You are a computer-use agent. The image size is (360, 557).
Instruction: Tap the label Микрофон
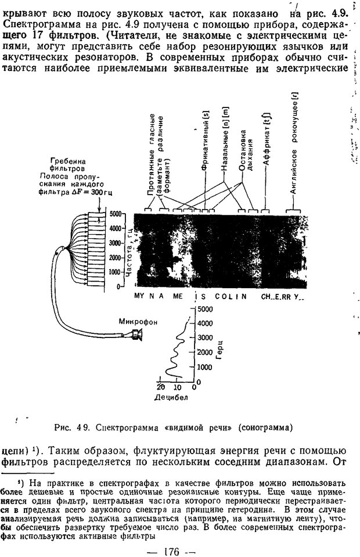tap(138, 322)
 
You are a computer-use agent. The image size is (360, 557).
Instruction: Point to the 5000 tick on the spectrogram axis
tap(116, 214)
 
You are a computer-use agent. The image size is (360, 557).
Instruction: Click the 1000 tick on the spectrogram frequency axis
tap(116, 272)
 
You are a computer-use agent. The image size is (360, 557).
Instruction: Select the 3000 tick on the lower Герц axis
tap(205, 337)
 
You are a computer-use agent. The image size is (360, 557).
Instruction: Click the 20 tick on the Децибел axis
tap(160, 387)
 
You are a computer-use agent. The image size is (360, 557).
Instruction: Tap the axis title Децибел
tap(171, 397)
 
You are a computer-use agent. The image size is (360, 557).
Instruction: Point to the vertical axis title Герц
tap(219, 350)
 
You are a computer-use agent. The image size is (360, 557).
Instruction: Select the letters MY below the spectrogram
tap(139, 296)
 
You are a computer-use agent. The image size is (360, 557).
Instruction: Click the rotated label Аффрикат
tap(267, 139)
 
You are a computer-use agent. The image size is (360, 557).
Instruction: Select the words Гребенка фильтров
tap(67, 164)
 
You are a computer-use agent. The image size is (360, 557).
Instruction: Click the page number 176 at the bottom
tap(172, 552)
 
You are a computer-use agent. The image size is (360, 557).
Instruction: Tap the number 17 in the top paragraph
tap(39, 35)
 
